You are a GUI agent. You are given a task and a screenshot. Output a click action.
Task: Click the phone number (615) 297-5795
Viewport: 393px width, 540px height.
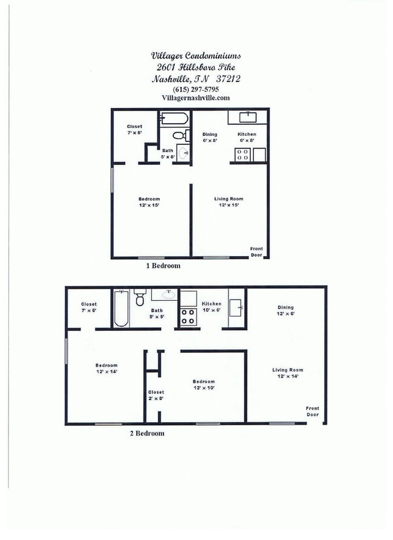[x=196, y=89]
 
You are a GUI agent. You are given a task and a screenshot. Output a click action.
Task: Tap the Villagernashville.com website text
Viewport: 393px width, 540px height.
[x=195, y=98]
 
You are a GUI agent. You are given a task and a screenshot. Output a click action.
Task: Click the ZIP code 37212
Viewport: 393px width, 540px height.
[x=228, y=79]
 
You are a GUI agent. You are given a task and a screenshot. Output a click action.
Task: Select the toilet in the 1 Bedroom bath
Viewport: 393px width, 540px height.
[x=181, y=135]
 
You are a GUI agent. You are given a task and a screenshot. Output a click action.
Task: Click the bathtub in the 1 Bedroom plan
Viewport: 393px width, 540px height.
[x=175, y=118]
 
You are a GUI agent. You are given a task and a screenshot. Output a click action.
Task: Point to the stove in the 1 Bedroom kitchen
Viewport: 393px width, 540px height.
[x=242, y=155]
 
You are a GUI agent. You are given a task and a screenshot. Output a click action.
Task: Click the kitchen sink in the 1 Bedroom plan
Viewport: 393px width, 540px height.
[x=248, y=117]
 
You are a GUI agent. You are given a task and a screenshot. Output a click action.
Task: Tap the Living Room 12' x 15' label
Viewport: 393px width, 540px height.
[x=229, y=202]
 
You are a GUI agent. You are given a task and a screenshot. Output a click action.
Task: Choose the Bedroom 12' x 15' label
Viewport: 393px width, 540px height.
[x=149, y=202]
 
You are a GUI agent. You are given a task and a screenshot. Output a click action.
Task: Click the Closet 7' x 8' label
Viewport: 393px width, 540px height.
[x=134, y=129]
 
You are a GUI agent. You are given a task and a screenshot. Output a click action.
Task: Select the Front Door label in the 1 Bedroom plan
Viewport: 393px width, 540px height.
[x=256, y=252]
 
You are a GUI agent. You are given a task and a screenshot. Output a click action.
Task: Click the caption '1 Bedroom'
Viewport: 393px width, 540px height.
[x=163, y=266]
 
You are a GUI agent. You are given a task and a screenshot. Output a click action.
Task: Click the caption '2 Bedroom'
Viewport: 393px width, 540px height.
[x=147, y=433]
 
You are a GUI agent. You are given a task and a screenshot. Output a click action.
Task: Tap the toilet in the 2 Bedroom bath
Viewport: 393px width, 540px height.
[x=140, y=297]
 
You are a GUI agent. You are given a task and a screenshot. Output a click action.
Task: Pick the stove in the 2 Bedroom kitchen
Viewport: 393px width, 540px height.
[x=188, y=317]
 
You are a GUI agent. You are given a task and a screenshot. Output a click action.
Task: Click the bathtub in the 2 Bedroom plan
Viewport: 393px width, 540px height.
[x=121, y=308]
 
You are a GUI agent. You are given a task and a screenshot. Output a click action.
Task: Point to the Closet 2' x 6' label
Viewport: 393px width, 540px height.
[x=156, y=395]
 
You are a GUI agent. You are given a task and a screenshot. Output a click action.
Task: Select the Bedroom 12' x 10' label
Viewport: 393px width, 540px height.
[x=204, y=385]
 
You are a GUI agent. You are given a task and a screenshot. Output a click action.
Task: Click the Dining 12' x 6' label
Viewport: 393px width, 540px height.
[x=285, y=310]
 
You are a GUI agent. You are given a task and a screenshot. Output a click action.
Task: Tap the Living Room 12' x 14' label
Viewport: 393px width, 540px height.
[x=288, y=373]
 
